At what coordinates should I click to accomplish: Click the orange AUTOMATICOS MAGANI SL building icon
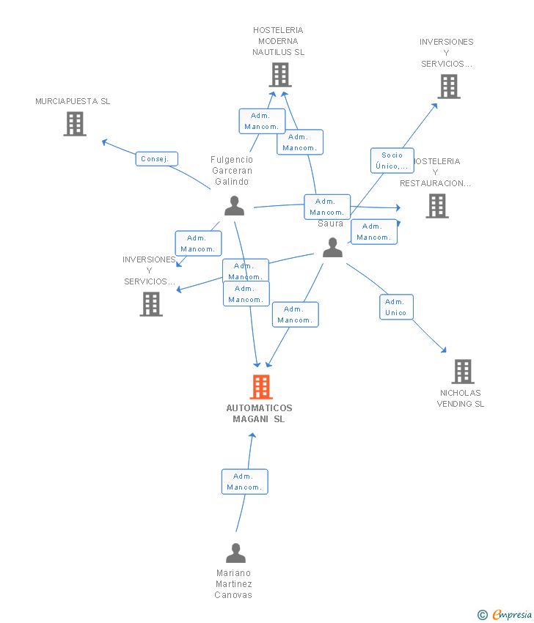pos(261,386)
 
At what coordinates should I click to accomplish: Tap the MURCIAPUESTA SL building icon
pos(75,124)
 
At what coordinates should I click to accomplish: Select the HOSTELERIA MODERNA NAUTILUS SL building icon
pos(279,75)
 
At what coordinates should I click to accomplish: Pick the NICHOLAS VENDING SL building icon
pos(462,372)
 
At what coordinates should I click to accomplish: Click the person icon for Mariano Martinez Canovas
pos(235,553)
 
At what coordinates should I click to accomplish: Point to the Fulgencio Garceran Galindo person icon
pos(234,206)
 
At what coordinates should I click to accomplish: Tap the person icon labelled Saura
pos(332,248)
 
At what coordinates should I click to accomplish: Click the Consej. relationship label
pos(156,159)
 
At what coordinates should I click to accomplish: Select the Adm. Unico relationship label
pos(396,307)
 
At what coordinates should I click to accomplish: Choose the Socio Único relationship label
pos(392,161)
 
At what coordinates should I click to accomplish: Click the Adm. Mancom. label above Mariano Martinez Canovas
pos(244,482)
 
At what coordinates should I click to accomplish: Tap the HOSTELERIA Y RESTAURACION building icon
pos(437,206)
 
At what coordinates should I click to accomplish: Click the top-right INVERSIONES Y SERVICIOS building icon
pos(449,86)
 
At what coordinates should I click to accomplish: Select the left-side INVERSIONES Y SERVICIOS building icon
pos(151,304)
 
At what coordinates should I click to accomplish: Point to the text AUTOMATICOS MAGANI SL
pos(259,413)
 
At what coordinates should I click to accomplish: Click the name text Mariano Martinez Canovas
pos(233,584)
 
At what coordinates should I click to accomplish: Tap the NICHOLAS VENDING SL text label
pos(461,398)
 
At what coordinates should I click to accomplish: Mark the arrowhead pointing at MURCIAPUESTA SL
pos(104,141)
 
